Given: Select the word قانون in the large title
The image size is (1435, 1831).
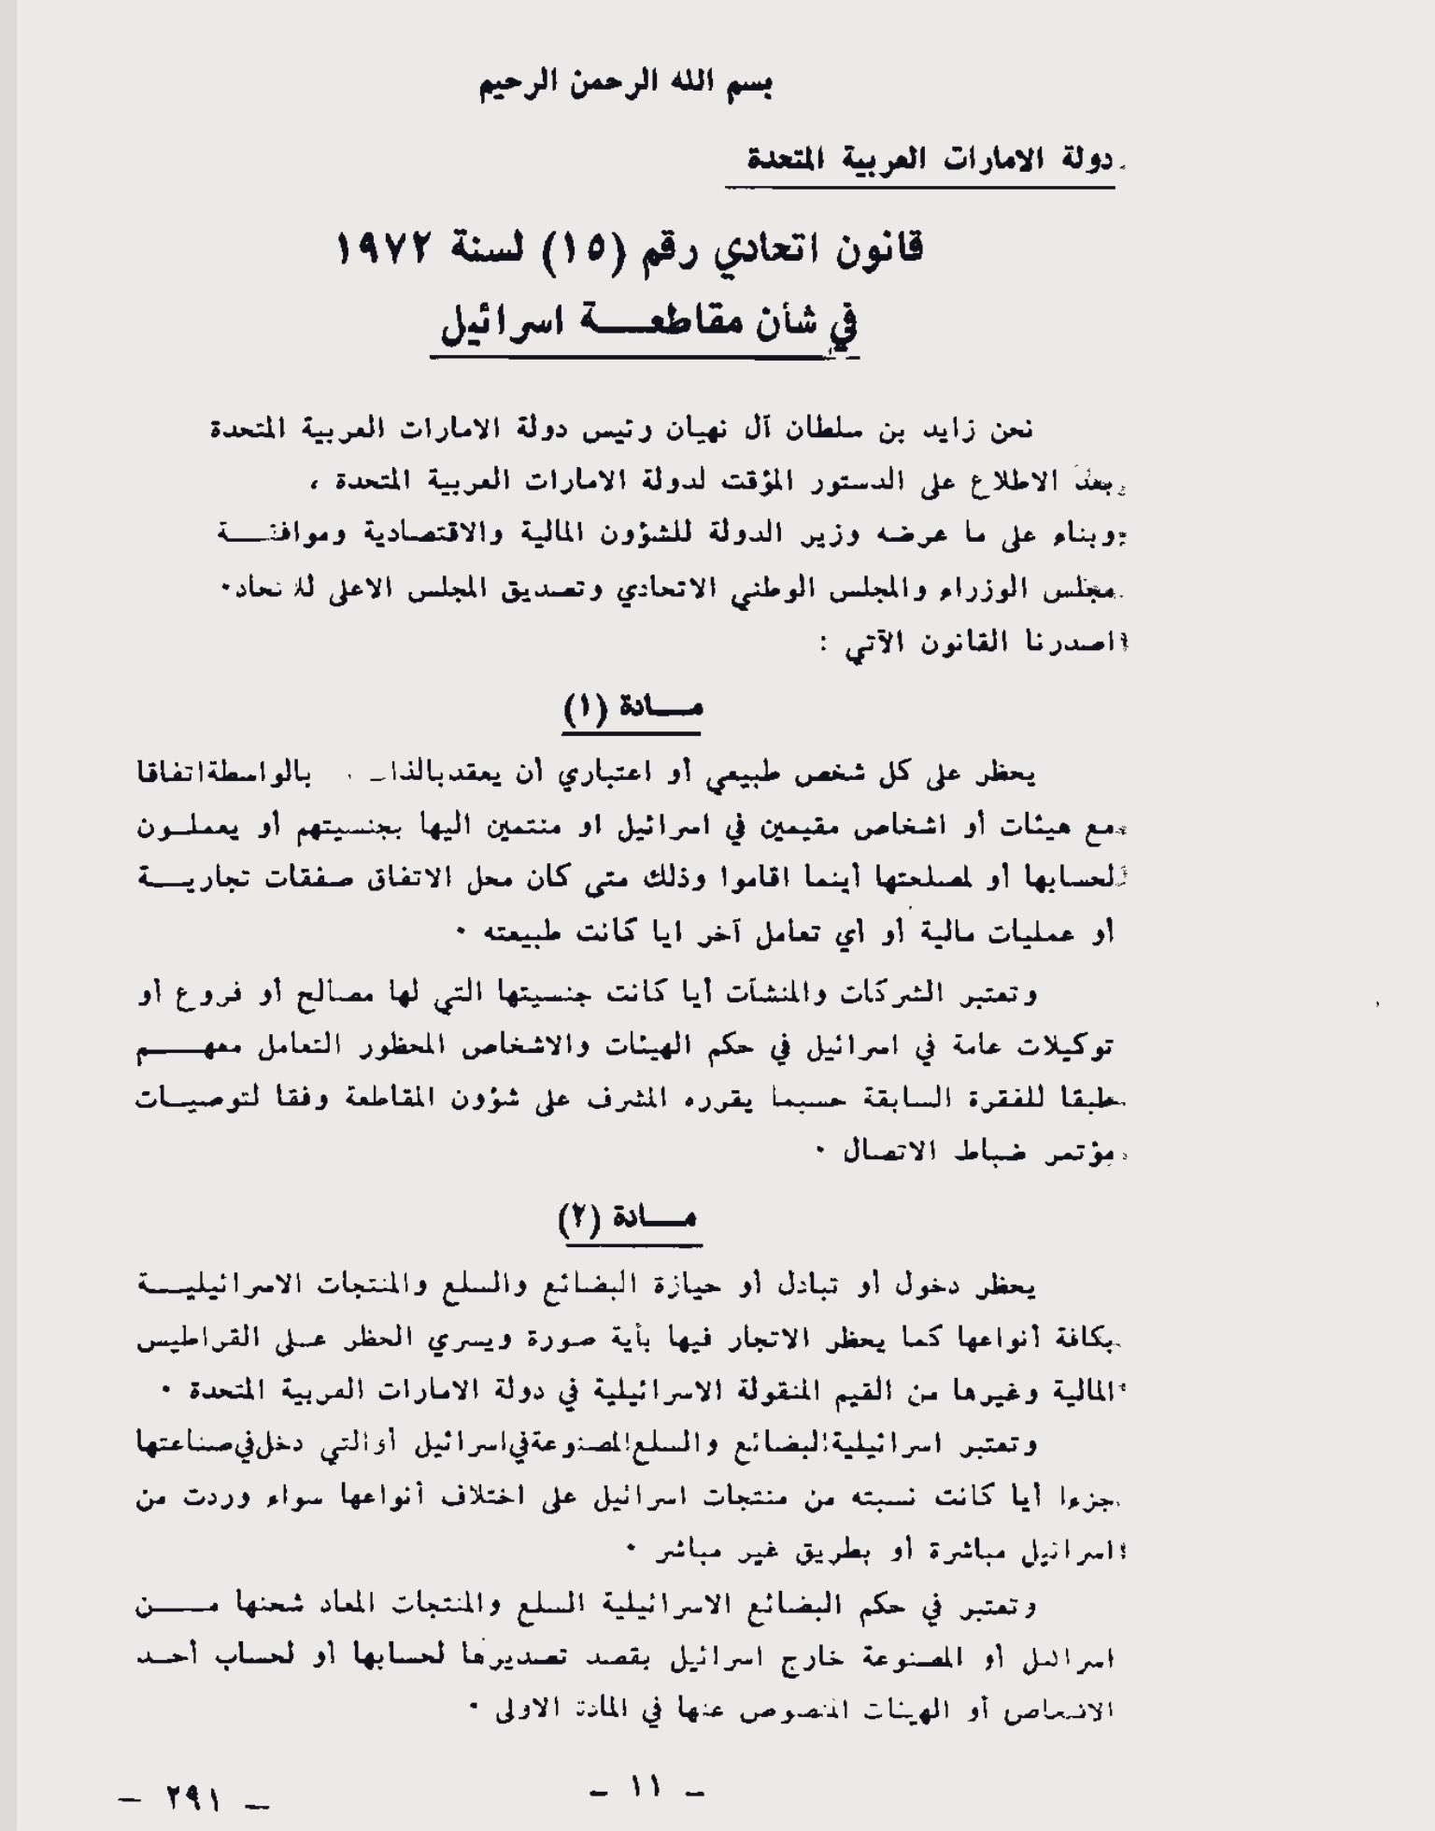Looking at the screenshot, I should pyautogui.click(x=870, y=249).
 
